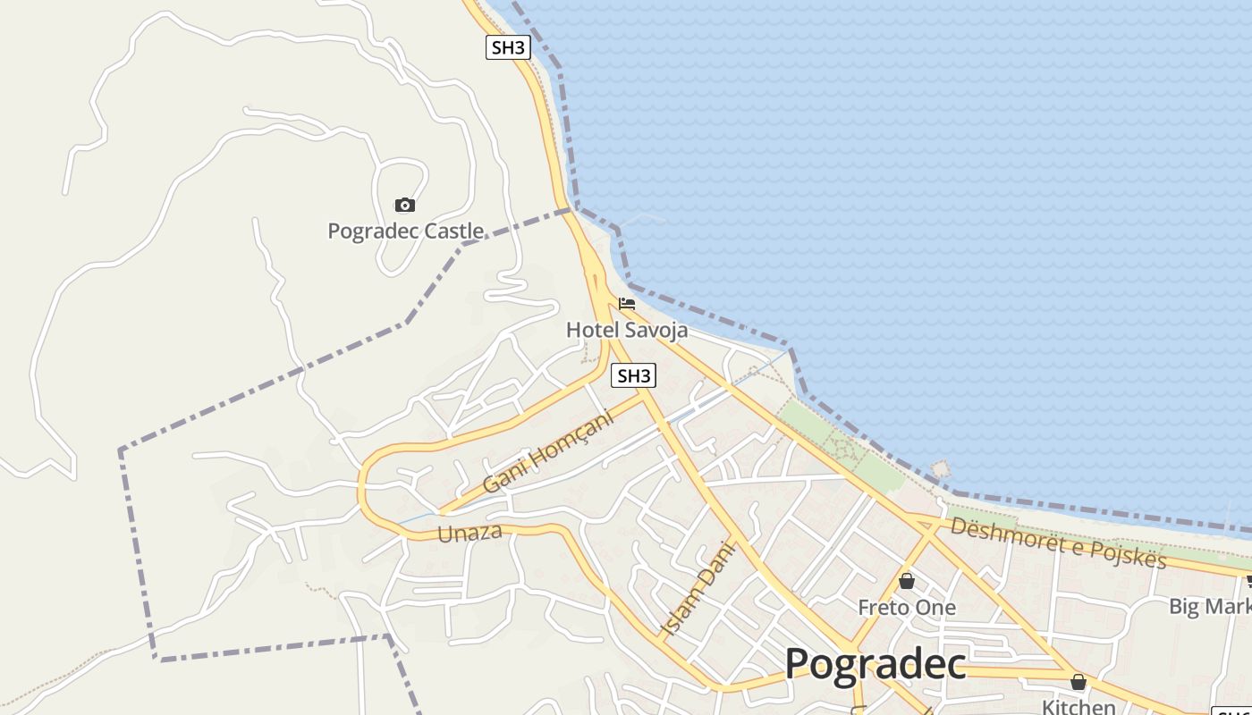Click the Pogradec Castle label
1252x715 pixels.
pyautogui.click(x=406, y=231)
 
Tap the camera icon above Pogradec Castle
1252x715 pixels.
pyautogui.click(x=405, y=206)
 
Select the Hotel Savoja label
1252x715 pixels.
pyautogui.click(x=627, y=330)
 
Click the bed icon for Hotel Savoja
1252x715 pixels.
pyautogui.click(x=627, y=304)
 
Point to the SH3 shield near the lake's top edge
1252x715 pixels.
pyautogui.click(x=508, y=47)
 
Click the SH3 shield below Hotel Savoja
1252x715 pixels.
pyautogui.click(x=633, y=375)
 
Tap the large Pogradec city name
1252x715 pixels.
pyautogui.click(x=876, y=664)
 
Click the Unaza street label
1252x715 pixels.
pyautogui.click(x=469, y=534)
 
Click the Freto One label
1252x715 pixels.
pyautogui.click(x=907, y=608)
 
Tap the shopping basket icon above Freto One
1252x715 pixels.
pyautogui.click(x=907, y=582)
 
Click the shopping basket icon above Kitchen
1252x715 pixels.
pyautogui.click(x=1079, y=682)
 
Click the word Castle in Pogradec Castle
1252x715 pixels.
pyautogui.click(x=453, y=231)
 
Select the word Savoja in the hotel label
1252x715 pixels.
pyautogui.click(x=656, y=330)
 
